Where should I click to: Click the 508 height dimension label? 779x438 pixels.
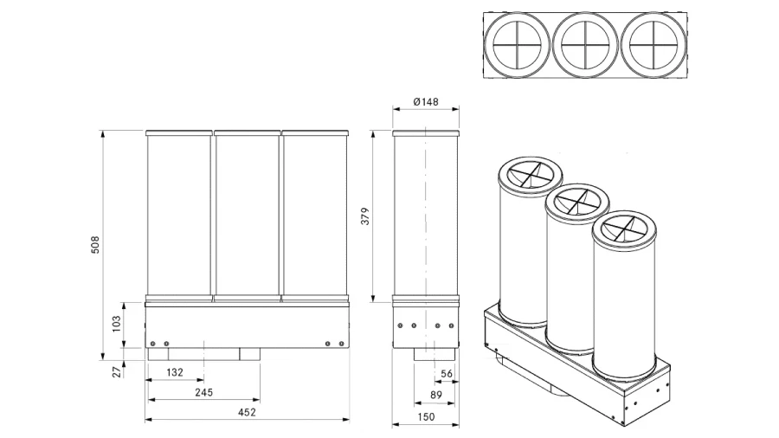[96, 245]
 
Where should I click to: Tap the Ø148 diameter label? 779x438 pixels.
[426, 101]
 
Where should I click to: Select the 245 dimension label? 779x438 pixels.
[204, 392]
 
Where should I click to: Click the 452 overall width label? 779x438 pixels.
[247, 412]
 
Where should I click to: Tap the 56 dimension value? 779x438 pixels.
[447, 374]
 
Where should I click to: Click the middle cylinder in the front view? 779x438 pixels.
[247, 216]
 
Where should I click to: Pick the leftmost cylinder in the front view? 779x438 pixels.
[179, 216]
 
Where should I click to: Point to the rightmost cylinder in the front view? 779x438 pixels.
[315, 216]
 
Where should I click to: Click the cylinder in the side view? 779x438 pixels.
[425, 216]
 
